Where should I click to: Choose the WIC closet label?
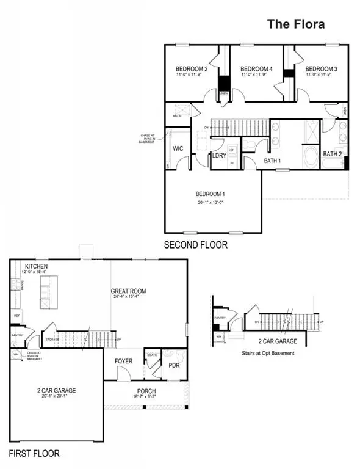click(179, 148)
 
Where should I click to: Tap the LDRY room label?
click(220, 156)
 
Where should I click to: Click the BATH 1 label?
click(272, 161)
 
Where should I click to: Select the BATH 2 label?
click(332, 154)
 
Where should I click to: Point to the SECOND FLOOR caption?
click(195, 245)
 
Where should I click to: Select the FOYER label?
click(124, 362)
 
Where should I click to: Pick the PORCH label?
click(146, 391)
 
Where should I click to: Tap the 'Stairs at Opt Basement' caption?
click(268, 354)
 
